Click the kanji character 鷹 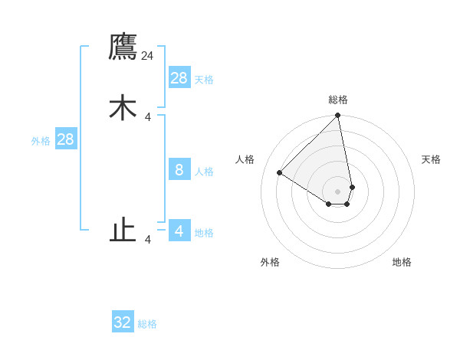(123, 47)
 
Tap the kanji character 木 (123, 107)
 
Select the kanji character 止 (123, 230)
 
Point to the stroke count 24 (147, 56)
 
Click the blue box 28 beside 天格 (179, 78)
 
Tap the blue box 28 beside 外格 (65, 139)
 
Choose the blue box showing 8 (179, 170)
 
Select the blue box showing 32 (123, 322)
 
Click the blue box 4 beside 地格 (179, 231)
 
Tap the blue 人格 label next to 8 (204, 172)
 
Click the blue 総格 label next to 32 (147, 324)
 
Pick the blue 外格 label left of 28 (41, 141)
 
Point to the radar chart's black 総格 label (337, 100)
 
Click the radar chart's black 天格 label (431, 159)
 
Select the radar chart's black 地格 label (402, 262)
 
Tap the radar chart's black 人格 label (245, 159)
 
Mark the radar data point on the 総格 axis (337, 116)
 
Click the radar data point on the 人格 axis (280, 173)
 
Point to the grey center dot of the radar (337, 191)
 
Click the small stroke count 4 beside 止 (148, 240)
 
